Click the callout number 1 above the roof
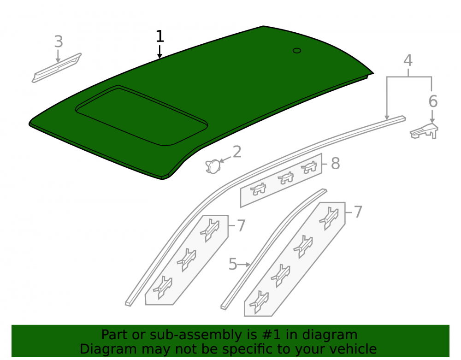coord(160,36)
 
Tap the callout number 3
coord(59,41)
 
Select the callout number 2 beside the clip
coord(237,152)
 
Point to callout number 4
coord(408,60)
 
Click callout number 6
coord(433,101)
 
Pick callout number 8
coord(335,163)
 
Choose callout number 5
coord(233,264)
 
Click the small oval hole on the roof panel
coord(296,51)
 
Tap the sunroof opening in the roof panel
coord(142,116)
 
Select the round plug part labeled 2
coord(213,166)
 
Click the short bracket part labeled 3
coord(56,68)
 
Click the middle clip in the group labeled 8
coord(286,178)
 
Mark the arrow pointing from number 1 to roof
coord(160,52)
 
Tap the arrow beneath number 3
coord(58,56)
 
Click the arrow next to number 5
coord(244,265)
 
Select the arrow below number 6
coord(432,116)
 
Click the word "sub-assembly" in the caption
coord(195,335)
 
